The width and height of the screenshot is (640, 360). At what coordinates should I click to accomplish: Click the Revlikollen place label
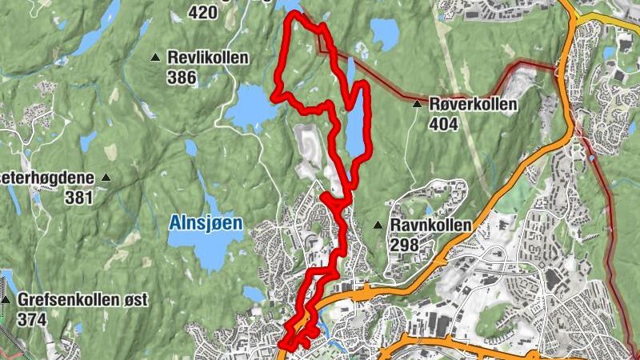pos(208,58)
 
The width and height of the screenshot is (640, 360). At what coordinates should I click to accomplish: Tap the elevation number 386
pos(182,77)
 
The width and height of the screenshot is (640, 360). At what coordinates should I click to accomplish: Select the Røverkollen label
pos(473,104)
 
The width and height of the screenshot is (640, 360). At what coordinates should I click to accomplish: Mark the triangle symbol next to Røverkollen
pos(417,104)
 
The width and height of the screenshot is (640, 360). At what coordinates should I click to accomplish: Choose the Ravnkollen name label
pos(431,226)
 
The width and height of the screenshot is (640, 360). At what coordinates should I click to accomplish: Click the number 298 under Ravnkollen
pos(405,246)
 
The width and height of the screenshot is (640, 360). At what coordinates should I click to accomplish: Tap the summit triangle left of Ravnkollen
pos(378,226)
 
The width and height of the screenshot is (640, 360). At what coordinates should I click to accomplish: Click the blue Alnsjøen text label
pos(206,224)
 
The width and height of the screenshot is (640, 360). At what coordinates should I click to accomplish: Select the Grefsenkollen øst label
pos(82,300)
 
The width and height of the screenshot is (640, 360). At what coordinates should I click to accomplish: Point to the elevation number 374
pos(31,319)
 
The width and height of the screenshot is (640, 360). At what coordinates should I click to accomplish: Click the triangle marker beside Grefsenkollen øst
pos(6,300)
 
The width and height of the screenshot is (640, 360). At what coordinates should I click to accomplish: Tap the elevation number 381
pos(80,197)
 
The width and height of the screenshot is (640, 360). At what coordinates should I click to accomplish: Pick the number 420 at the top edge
pos(202,12)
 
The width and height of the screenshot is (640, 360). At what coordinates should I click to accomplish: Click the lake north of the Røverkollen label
pos(384,34)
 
